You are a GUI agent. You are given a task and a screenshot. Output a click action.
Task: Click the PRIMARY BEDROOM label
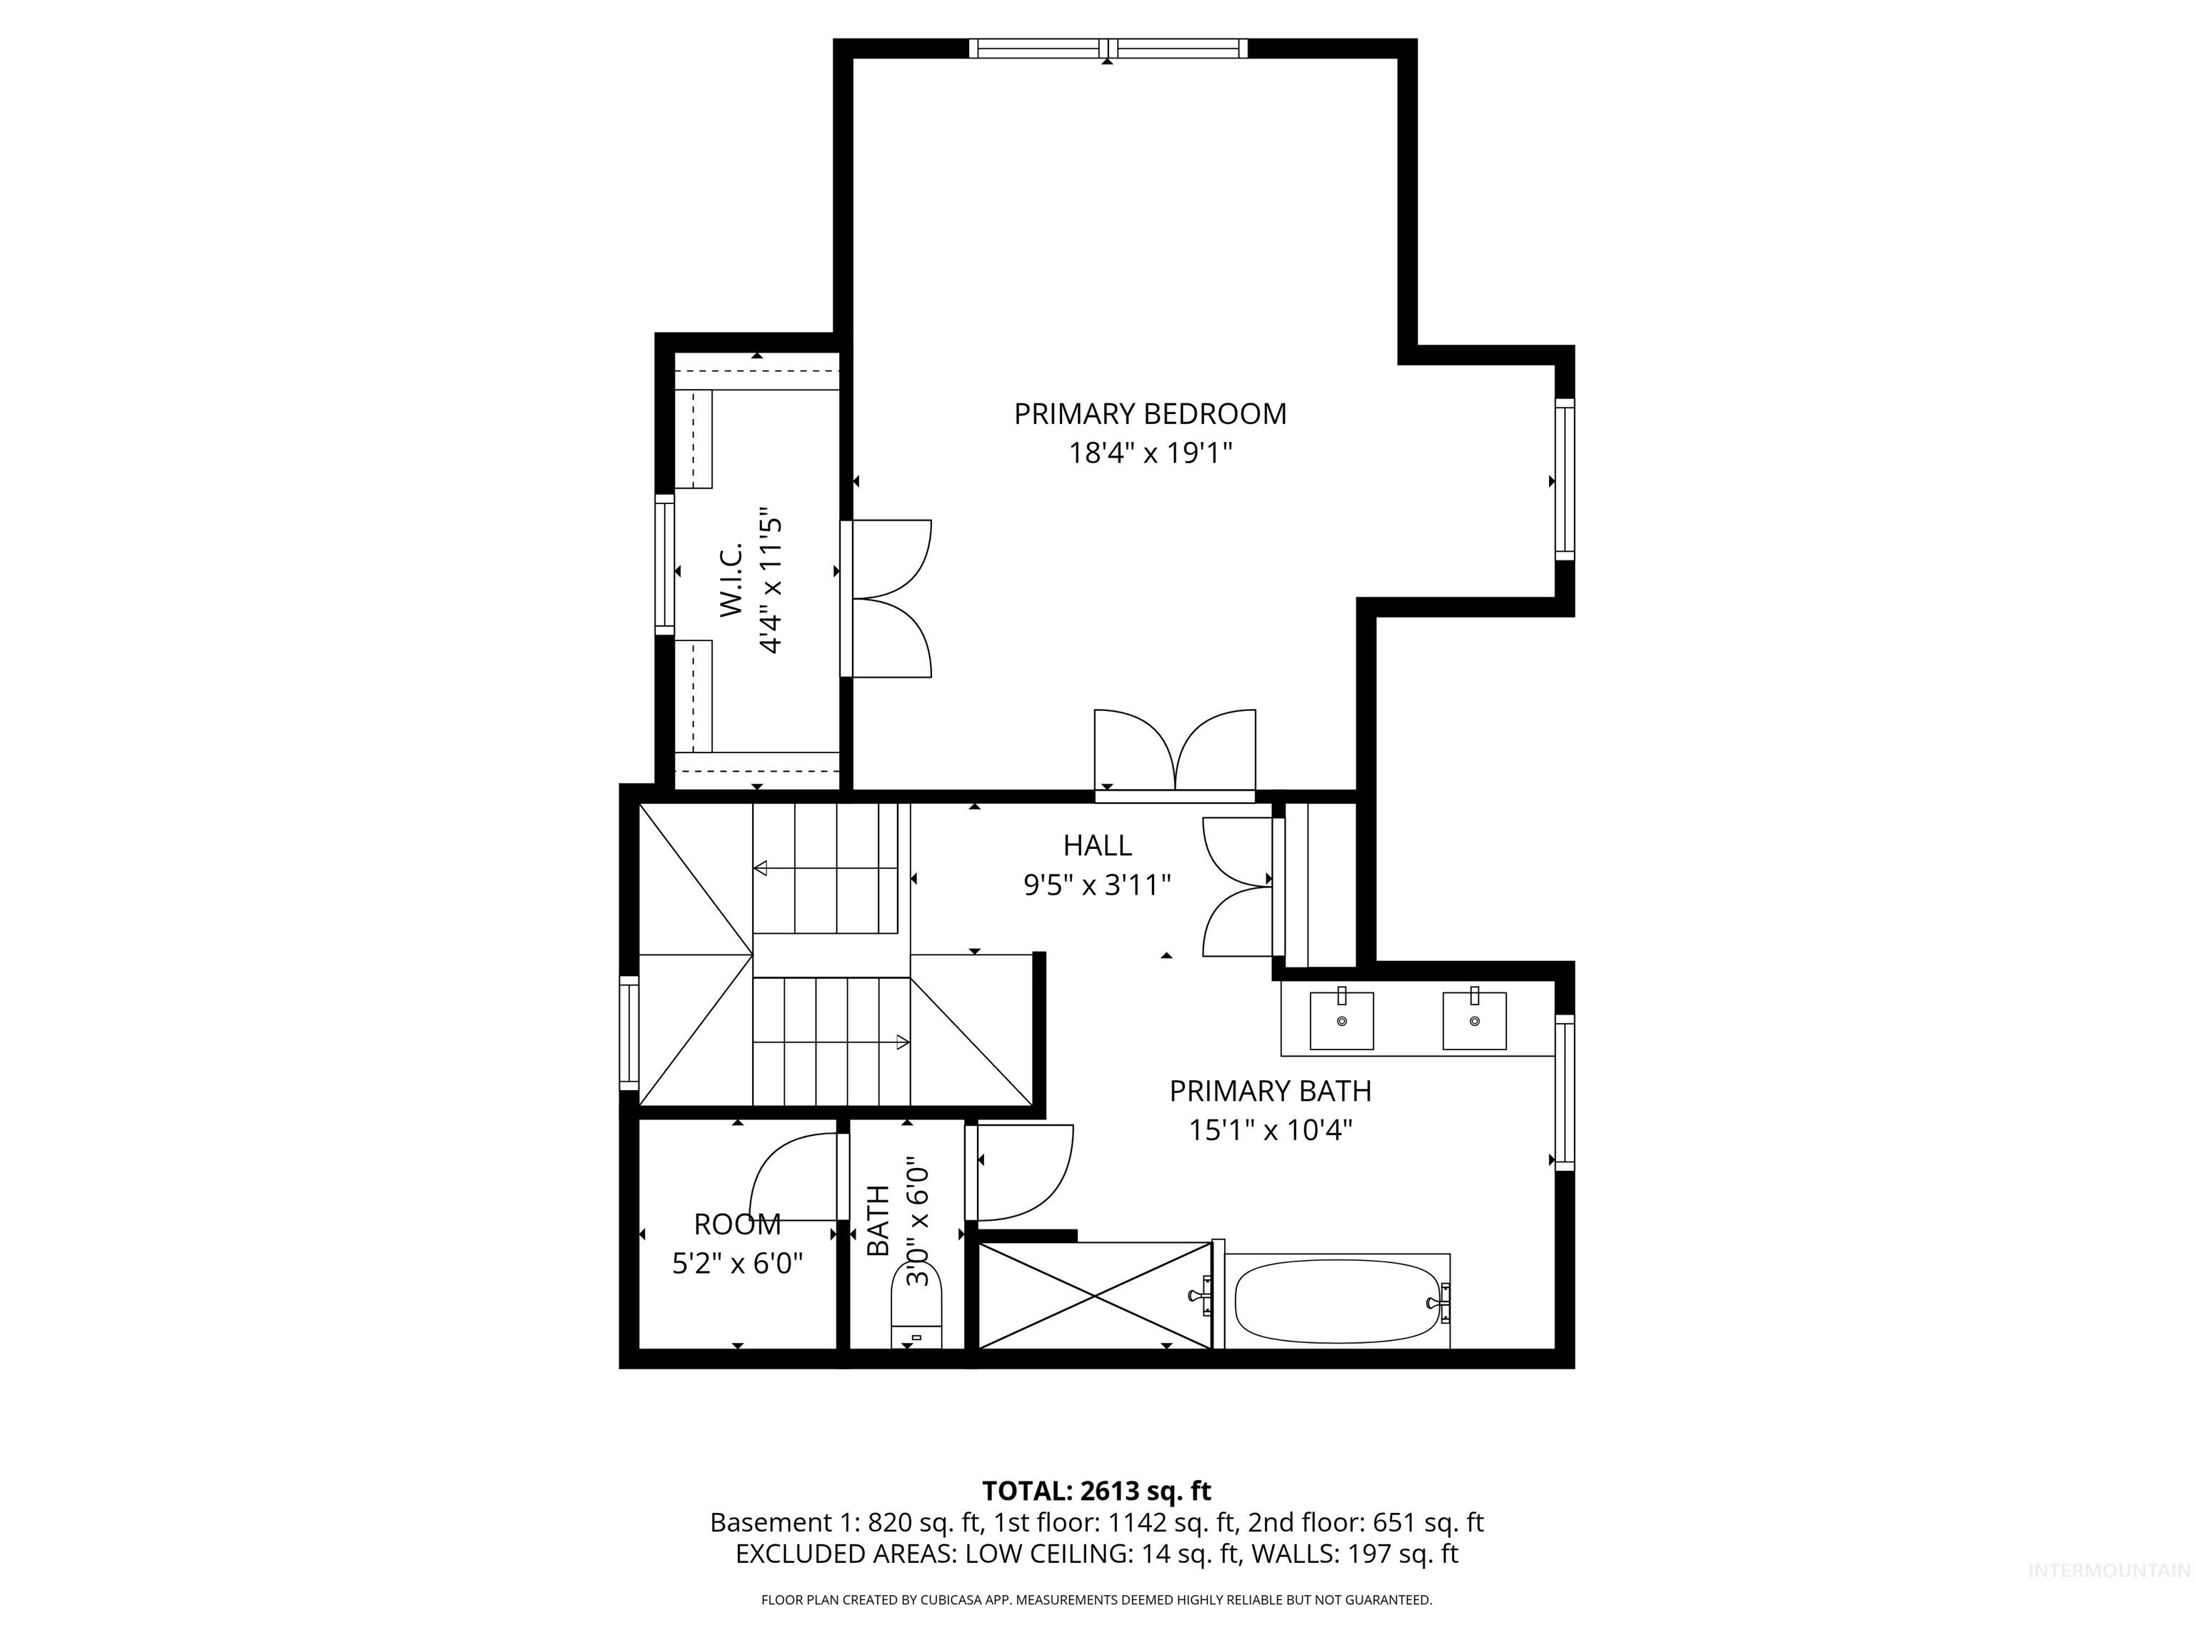(x=1150, y=413)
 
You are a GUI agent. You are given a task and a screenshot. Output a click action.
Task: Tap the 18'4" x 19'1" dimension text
(x=1150, y=453)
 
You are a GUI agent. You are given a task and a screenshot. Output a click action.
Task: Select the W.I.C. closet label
(x=731, y=581)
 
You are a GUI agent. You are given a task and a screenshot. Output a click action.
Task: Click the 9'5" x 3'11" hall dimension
(x=1097, y=885)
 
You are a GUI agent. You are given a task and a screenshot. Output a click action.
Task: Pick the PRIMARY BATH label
(x=1270, y=1091)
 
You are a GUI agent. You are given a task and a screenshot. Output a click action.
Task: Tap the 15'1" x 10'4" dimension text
(x=1270, y=1130)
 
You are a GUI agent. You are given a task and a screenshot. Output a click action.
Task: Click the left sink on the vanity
(x=1341, y=1020)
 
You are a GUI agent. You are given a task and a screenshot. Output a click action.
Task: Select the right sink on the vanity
(x=1474, y=1020)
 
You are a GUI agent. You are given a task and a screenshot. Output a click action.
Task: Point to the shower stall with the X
(x=1094, y=1295)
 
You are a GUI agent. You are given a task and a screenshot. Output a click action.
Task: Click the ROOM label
(x=737, y=1224)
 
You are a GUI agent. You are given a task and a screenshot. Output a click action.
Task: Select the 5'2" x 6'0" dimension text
(x=737, y=1263)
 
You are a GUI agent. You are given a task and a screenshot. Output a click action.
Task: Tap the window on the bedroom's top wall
(x=1108, y=48)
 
